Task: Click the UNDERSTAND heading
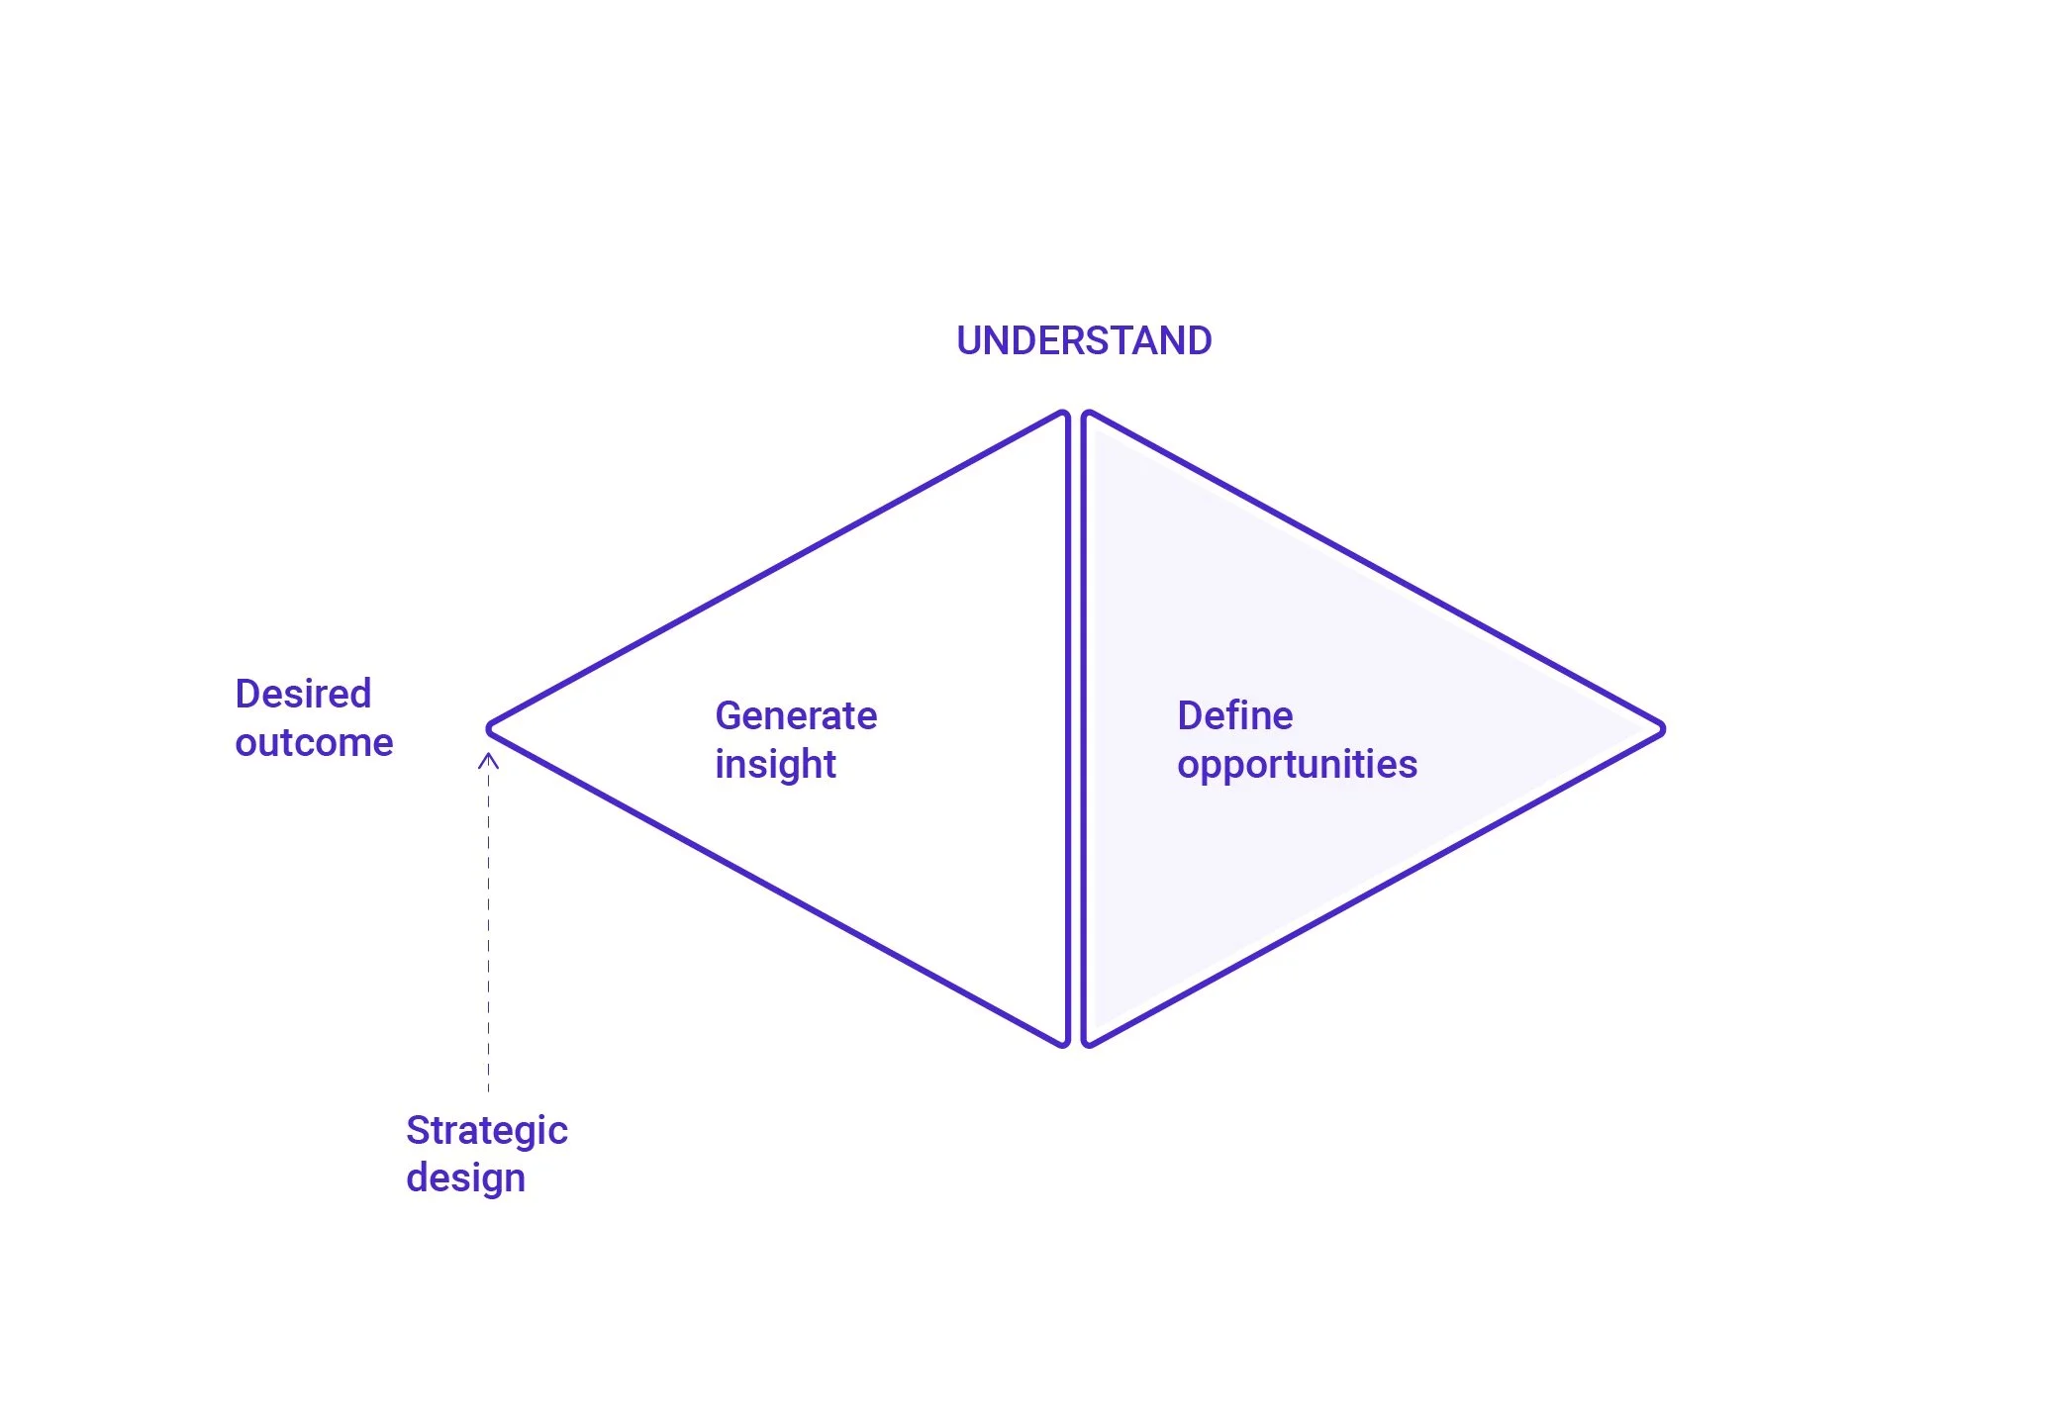(x=1084, y=340)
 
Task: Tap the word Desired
(x=303, y=694)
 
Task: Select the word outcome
(x=314, y=742)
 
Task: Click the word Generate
(x=796, y=715)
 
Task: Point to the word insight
(x=775, y=765)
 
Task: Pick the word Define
(x=1234, y=715)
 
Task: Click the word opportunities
(x=1297, y=765)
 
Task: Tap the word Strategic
(x=486, y=1130)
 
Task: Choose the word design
(x=465, y=1178)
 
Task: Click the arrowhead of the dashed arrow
(x=488, y=760)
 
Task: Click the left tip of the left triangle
(x=491, y=728)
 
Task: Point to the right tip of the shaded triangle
(x=1661, y=729)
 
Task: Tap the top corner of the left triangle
(x=1063, y=416)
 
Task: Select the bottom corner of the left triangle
(x=1063, y=1041)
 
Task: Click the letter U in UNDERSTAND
(x=968, y=340)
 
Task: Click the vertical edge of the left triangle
(x=1068, y=728)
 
